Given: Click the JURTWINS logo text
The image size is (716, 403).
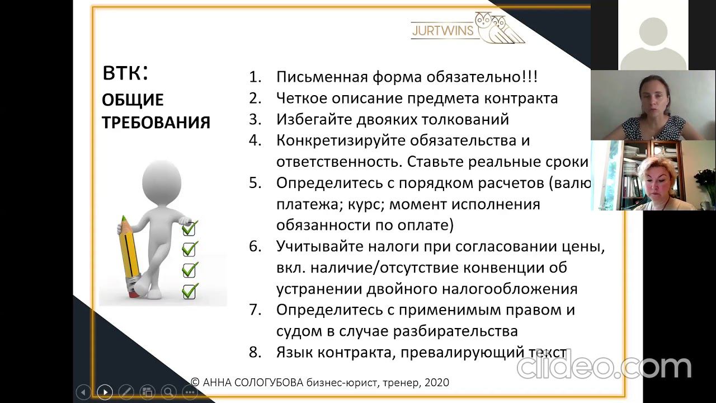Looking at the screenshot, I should point(442,30).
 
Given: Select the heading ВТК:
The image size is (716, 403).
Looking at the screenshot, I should point(125,73).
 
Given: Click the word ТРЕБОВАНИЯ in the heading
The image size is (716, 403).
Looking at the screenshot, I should point(156,123).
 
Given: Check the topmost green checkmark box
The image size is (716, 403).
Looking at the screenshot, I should point(190,228).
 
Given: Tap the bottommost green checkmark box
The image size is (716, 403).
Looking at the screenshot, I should point(190,291).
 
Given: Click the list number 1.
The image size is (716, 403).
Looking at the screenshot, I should point(255,77).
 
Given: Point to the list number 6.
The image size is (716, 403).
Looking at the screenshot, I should point(255,247).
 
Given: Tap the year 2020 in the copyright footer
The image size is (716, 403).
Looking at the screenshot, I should point(436,383).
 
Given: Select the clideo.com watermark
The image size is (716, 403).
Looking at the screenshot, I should point(604,366).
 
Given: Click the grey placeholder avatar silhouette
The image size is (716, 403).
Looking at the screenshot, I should point(653,42).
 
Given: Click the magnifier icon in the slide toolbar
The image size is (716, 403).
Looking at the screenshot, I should point(168,392).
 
